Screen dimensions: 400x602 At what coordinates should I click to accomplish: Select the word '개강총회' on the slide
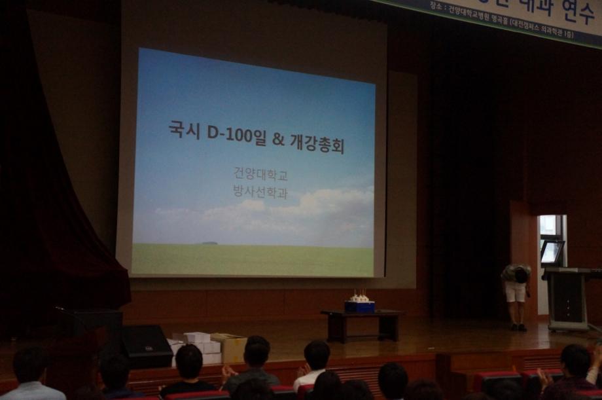coord(319,143)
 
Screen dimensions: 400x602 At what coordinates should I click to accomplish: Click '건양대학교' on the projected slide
coord(260,174)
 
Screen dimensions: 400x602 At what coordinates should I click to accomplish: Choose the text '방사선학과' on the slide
coord(260,192)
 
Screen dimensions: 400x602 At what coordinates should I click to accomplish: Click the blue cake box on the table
coord(359,306)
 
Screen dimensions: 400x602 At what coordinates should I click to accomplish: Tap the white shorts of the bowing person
coord(516,291)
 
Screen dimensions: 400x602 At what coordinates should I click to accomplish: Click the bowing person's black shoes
coord(518,327)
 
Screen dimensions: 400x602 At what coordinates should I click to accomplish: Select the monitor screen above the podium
coord(552,252)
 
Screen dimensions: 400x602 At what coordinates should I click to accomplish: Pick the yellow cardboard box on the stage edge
coord(230,348)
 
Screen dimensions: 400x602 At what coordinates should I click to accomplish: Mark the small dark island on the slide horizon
coord(209,243)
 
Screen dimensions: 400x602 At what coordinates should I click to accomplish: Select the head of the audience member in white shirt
coord(317,354)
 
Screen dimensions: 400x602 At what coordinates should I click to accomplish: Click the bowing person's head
coord(521,276)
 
